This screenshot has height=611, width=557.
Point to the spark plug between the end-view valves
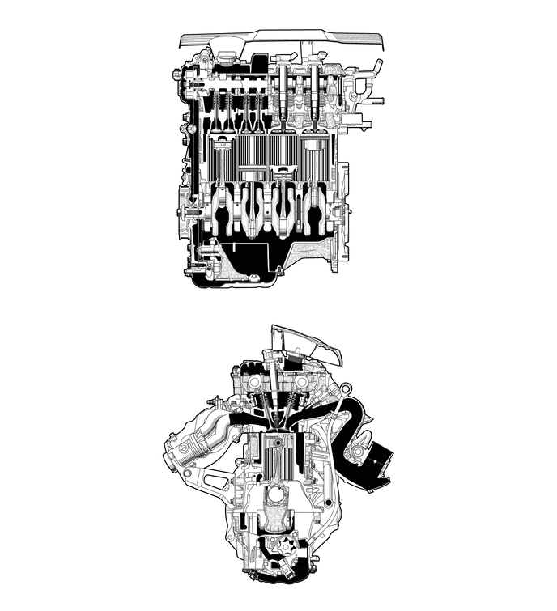coord(279,397)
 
